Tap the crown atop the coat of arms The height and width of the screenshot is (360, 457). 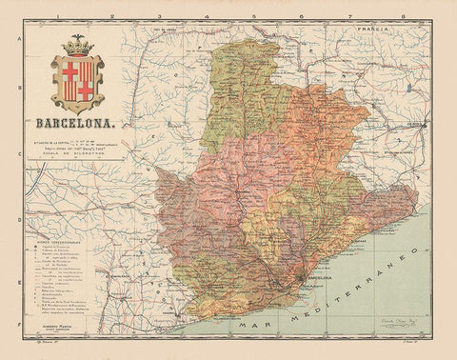[x=77, y=45]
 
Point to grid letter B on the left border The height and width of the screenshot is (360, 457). [x=17, y=93]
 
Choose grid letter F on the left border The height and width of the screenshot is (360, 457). [x=17, y=324]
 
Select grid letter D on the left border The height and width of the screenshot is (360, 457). [x=17, y=208]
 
